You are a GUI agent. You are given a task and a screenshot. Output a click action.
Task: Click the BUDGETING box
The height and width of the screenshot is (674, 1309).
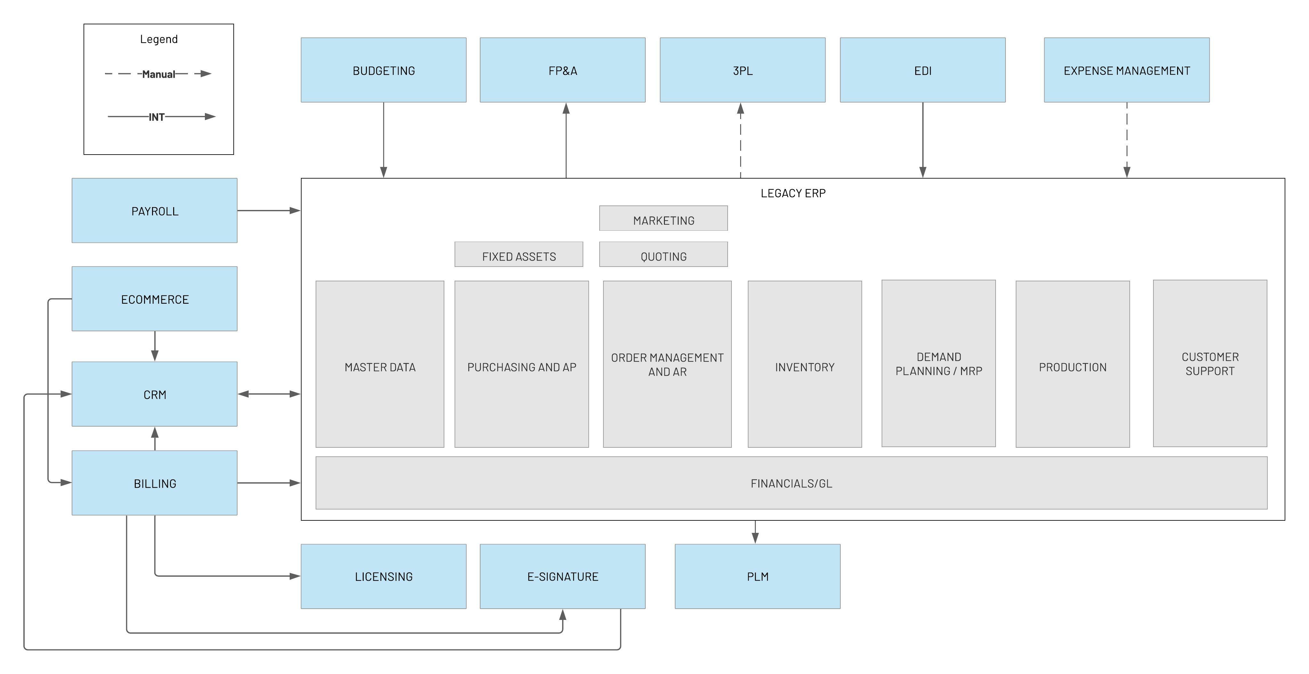coord(384,70)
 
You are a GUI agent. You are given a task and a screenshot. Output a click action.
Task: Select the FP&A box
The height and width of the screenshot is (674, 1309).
coord(562,70)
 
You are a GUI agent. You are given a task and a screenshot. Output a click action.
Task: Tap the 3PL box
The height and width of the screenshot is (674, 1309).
coord(742,70)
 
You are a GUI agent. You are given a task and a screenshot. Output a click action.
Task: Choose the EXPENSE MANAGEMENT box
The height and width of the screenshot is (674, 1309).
coord(1127,70)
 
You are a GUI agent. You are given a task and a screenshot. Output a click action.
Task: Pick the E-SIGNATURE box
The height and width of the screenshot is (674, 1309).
coord(562,576)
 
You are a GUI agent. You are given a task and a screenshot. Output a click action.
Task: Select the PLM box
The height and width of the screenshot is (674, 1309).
coord(757,576)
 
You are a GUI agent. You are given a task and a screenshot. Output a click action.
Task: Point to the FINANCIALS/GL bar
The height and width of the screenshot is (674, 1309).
coord(791,483)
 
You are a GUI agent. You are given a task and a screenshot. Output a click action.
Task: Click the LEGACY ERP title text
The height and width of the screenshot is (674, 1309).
coord(793,193)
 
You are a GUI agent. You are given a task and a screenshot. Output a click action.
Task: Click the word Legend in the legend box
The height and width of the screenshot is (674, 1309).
coord(158,39)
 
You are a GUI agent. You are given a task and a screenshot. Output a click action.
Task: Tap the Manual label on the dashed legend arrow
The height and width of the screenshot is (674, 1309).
coord(158,74)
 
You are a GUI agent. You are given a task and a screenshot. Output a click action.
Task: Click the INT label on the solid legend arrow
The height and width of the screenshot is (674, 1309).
coord(157,117)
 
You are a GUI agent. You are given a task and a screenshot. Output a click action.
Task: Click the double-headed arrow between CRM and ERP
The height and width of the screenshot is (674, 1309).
coord(269,394)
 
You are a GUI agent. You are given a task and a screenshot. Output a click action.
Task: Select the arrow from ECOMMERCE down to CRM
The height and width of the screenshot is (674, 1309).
coord(155,346)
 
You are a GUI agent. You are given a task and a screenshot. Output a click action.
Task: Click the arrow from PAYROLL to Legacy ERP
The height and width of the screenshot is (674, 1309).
coord(269,210)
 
